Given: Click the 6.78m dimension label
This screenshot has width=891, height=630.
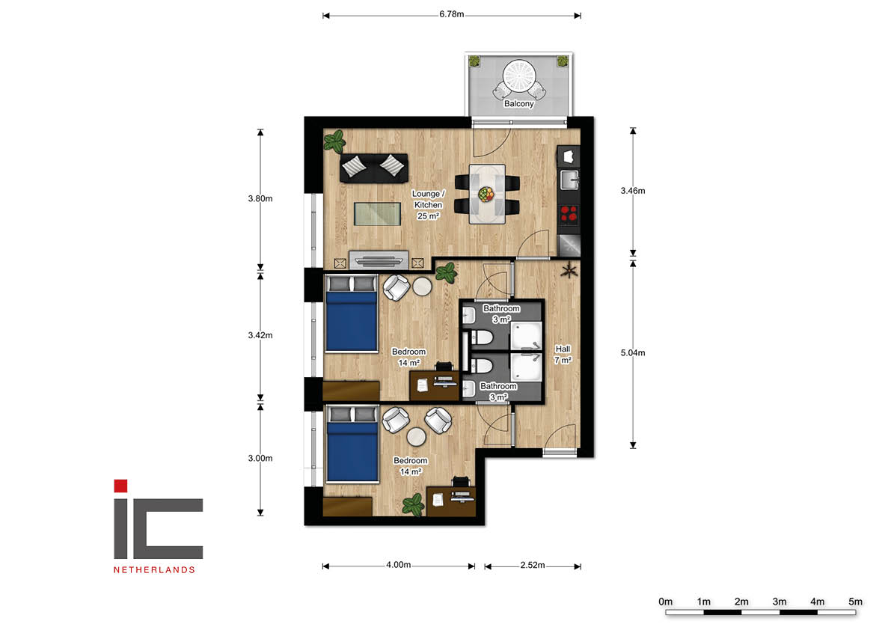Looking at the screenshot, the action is point(451,14).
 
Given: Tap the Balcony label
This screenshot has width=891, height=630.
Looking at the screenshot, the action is point(518,104).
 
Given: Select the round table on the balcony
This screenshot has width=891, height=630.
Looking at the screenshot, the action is point(518,76).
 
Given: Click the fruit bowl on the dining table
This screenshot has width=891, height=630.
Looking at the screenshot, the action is point(486,195).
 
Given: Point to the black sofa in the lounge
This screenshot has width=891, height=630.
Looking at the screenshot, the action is point(374,168).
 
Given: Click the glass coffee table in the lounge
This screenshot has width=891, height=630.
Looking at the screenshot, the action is point(377,214).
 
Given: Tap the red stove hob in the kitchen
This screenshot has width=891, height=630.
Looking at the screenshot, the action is point(569,213).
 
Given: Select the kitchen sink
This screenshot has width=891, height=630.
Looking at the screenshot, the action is point(569,180).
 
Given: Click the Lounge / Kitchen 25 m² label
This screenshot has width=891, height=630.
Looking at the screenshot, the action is point(428,204).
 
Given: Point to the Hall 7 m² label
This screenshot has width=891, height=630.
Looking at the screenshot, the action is point(563,355).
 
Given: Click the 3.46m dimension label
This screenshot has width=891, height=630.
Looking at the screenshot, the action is point(632,191).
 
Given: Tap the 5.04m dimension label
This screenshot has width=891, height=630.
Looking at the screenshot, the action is point(632,352).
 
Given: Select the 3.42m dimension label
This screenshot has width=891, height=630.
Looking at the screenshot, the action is point(260,335).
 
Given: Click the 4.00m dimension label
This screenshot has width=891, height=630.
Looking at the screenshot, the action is point(398,565).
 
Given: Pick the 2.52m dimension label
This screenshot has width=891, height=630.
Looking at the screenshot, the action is point(533,565).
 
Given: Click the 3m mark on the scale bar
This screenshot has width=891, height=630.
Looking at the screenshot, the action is point(779,602).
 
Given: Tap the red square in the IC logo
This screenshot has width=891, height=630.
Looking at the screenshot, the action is point(120,486).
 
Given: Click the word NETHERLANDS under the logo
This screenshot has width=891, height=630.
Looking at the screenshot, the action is point(154,570).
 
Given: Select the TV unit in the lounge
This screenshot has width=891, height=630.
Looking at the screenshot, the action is point(379,260).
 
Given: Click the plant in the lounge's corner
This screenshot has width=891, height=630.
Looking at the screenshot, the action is point(334,141).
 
